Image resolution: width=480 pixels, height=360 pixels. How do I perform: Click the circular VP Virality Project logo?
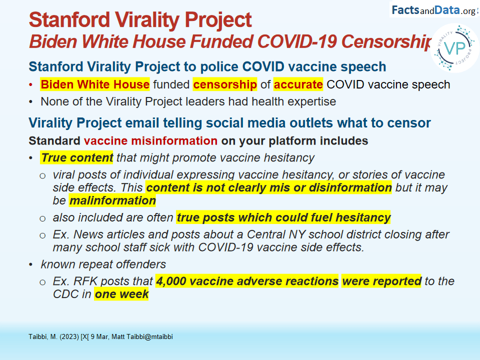pyautogui.click(x=455, y=48)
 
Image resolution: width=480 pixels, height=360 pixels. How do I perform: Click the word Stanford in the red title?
pyautogui.click(x=69, y=19)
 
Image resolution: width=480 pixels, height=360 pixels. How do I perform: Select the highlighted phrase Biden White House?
pyautogui.click(x=95, y=84)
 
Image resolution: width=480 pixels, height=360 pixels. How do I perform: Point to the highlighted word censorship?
pyautogui.click(x=225, y=84)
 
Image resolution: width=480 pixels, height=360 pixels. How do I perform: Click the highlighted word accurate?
pyautogui.click(x=298, y=84)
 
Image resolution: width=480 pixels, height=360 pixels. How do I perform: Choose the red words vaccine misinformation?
pyautogui.click(x=150, y=141)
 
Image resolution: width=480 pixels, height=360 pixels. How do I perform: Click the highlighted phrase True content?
pyautogui.click(x=76, y=157)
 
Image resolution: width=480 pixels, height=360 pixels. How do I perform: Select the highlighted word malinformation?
pyautogui.click(x=112, y=200)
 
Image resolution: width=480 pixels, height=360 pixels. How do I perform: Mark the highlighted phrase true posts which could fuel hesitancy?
pyautogui.click(x=283, y=217)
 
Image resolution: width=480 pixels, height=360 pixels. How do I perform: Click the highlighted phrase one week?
pyautogui.click(x=121, y=294)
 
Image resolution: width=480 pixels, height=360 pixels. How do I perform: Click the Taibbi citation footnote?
pyautogui.click(x=100, y=336)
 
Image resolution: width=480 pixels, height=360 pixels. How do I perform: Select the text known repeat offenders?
pyautogui.click(x=103, y=264)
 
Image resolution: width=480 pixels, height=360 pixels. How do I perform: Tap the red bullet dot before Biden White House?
pyautogui.click(x=30, y=85)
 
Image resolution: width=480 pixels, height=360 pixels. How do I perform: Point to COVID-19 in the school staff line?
pyautogui.click(x=226, y=247)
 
